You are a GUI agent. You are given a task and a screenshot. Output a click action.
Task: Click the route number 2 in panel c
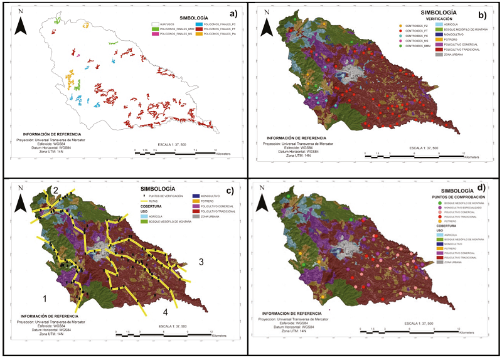55,190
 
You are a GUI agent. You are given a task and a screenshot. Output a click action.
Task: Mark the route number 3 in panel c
201,262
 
